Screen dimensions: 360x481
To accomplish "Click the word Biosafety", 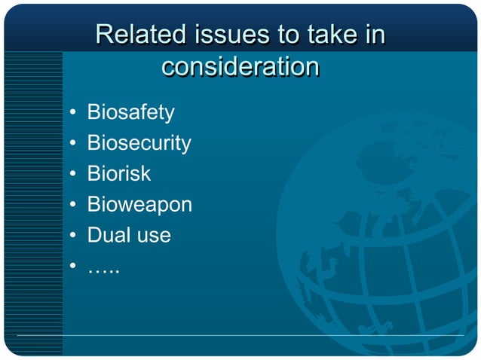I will click(x=130, y=113).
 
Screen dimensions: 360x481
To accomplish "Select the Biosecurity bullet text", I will click(x=139, y=143).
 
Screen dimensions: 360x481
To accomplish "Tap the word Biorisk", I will click(x=119, y=174).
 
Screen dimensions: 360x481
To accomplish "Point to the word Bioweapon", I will click(x=139, y=205).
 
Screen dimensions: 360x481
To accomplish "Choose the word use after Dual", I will click(x=154, y=236).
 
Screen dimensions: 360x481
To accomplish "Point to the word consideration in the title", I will click(x=240, y=67).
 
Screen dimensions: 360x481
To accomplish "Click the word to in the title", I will click(x=291, y=35).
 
